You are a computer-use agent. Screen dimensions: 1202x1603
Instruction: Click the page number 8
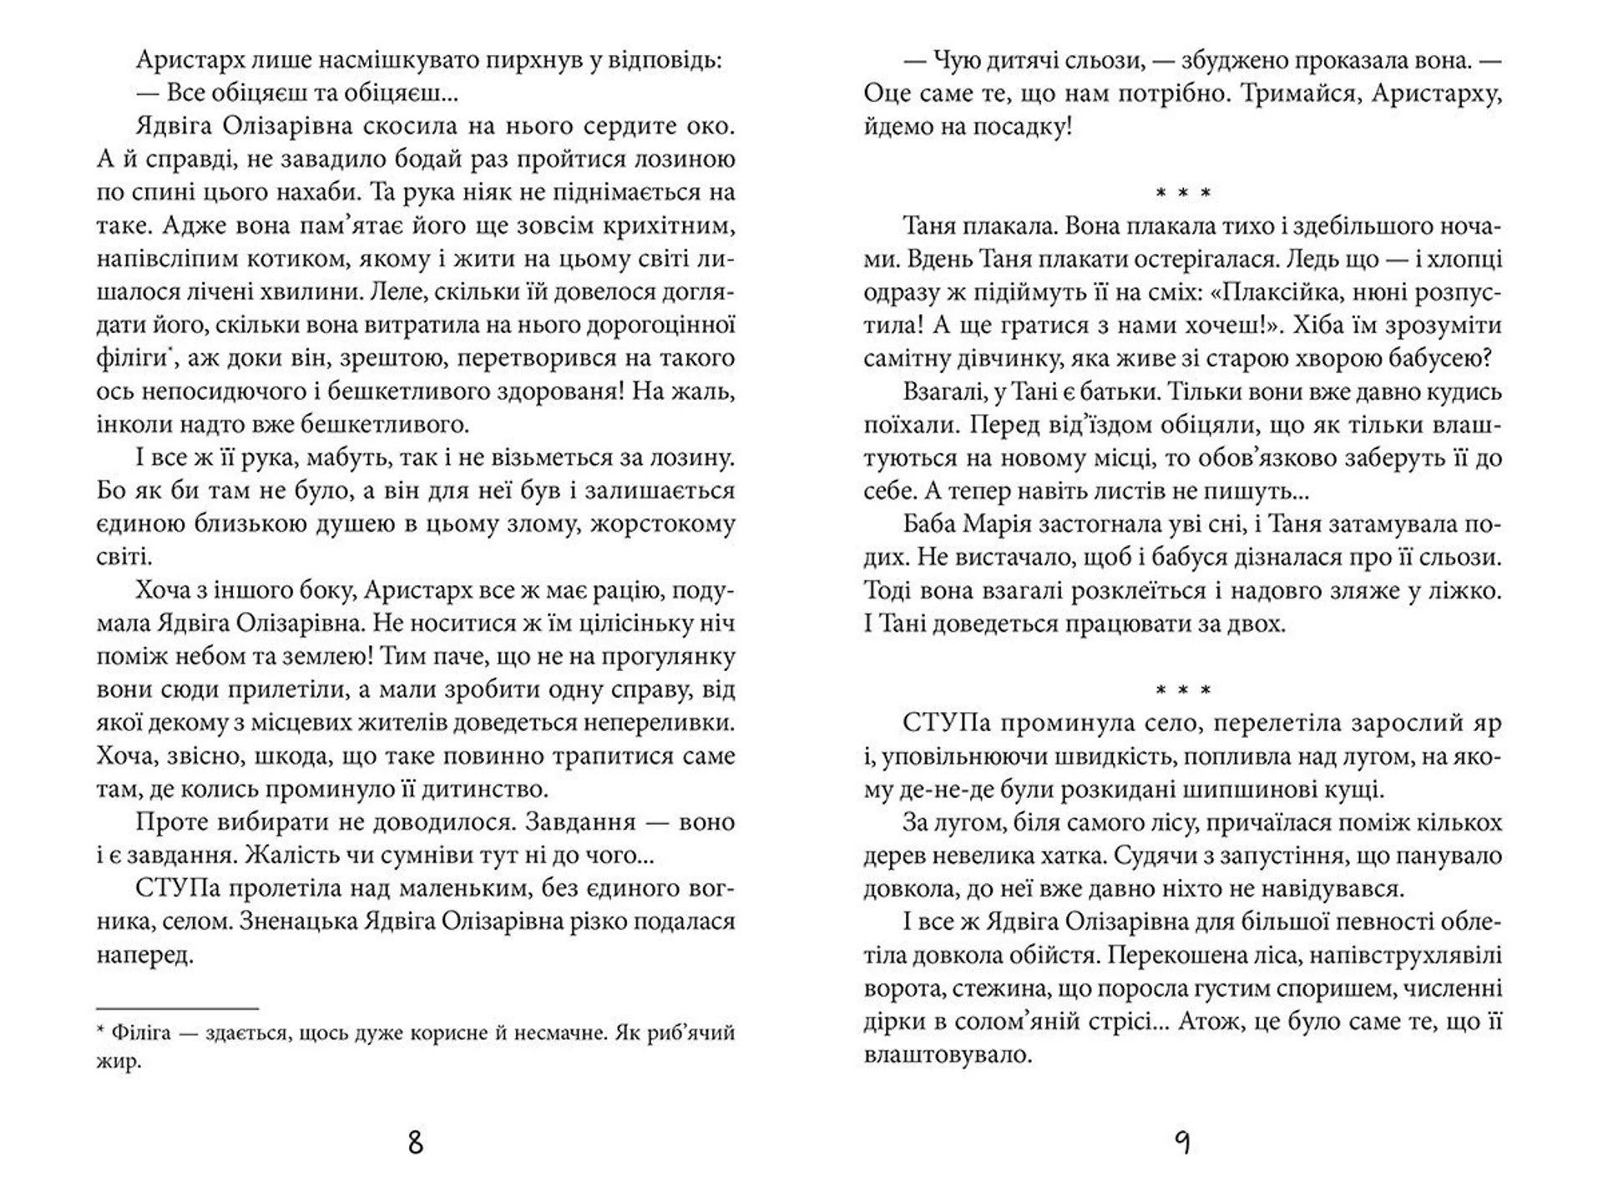pyautogui.click(x=415, y=1142)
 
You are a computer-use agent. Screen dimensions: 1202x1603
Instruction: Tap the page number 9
pyautogui.click(x=1182, y=1142)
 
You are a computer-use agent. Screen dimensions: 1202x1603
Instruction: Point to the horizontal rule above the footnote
pyautogui.click(x=177, y=1008)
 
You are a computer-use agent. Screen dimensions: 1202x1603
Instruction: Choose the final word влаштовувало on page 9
pyautogui.click(x=948, y=1055)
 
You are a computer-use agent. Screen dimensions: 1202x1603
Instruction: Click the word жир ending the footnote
pyautogui.click(x=118, y=1062)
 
